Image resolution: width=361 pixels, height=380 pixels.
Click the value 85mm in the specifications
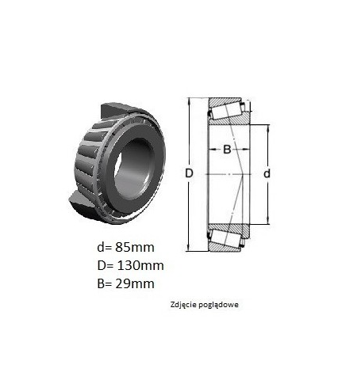(135, 248)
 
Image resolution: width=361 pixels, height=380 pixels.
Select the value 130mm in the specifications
(140, 265)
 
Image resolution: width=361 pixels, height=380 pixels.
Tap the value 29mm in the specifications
(135, 283)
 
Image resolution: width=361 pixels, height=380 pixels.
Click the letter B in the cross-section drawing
(227, 150)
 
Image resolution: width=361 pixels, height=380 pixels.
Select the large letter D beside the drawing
(189, 173)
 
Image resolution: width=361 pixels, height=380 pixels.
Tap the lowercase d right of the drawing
(267, 173)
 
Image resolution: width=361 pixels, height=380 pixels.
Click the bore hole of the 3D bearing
(133, 169)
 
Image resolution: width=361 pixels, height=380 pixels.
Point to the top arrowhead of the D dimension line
(189, 101)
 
